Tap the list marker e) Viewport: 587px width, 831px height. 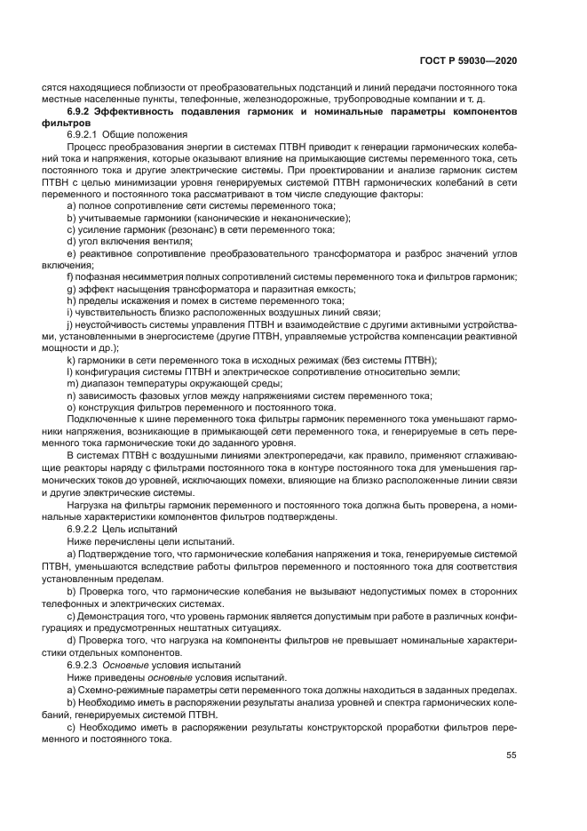[70, 252]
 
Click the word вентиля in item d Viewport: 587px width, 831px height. [174, 241]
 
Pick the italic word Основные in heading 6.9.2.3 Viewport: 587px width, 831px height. [128, 665]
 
